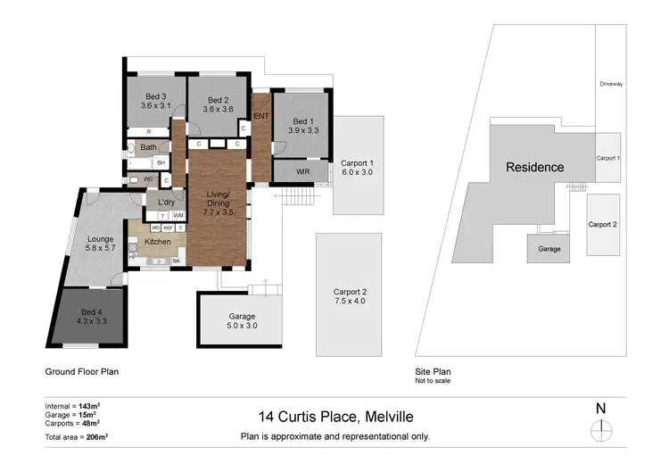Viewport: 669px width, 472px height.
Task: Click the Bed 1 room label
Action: [302, 121]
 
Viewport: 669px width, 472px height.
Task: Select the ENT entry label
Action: [261, 117]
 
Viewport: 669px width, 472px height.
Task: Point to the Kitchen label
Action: [157, 242]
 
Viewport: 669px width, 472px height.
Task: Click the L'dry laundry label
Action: [166, 203]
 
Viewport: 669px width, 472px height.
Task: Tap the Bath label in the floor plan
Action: [148, 147]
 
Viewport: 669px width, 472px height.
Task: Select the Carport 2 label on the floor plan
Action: [350, 292]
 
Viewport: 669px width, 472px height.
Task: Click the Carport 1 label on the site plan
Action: [607, 158]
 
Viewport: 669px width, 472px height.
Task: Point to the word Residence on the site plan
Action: [535, 167]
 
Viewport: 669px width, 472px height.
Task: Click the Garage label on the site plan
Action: [549, 249]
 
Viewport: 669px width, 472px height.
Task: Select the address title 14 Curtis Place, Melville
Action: [335, 416]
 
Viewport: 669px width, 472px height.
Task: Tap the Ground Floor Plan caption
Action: [81, 370]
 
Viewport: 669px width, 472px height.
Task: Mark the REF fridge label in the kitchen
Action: [167, 228]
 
